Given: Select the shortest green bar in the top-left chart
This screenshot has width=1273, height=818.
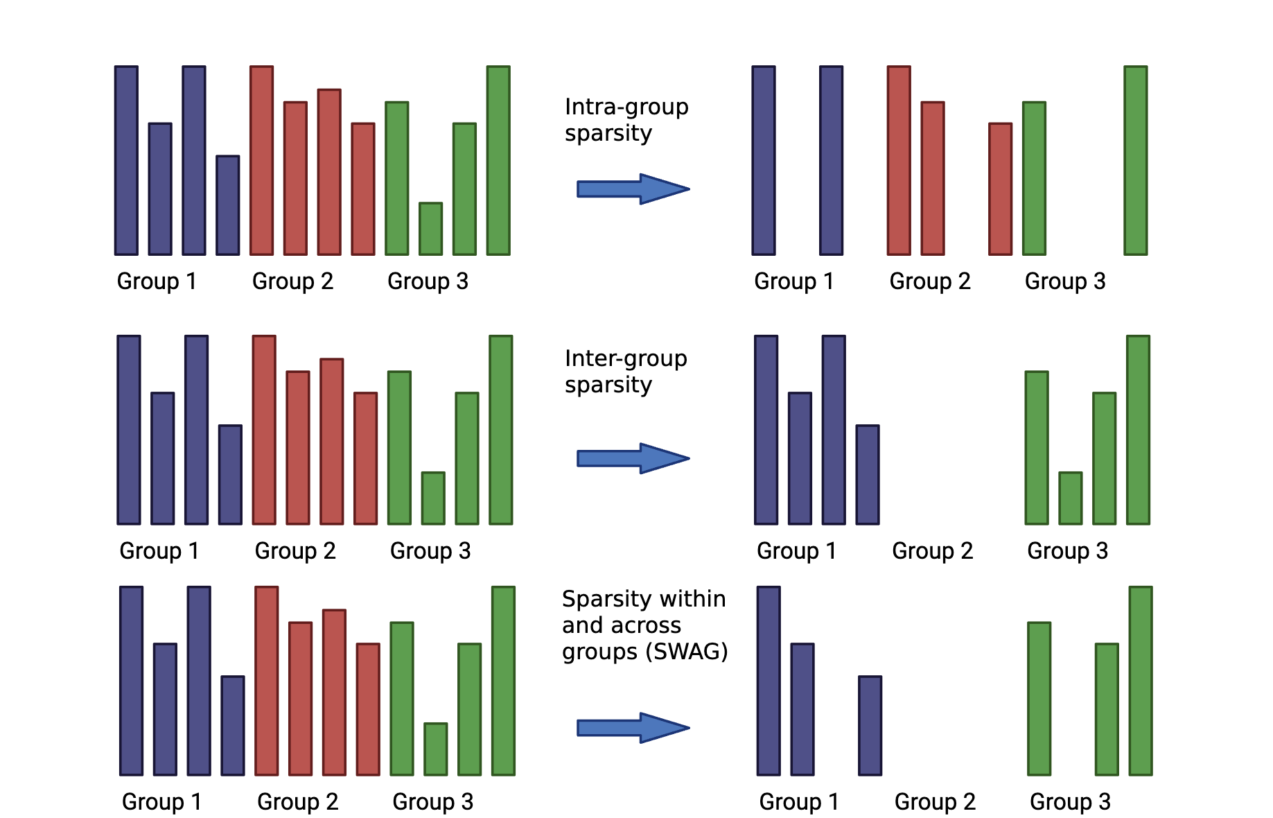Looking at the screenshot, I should [430, 229].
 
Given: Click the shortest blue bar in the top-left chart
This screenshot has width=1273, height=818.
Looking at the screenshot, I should [227, 205].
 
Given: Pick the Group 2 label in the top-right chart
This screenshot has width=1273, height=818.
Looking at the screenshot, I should [930, 281].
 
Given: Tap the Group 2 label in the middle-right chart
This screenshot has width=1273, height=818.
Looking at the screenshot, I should [932, 550].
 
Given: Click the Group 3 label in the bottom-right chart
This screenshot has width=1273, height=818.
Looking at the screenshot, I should [1070, 801].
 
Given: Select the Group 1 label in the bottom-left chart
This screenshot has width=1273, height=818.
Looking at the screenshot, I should [161, 801].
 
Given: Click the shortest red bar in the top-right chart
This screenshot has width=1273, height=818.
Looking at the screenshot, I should [1000, 189].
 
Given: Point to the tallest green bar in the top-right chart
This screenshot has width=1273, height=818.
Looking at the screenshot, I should [1135, 160].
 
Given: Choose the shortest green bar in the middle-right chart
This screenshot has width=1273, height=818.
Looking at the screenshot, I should [1070, 498].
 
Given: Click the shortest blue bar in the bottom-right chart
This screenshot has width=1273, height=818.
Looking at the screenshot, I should [870, 725].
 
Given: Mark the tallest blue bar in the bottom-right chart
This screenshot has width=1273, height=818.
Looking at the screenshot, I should [769, 681].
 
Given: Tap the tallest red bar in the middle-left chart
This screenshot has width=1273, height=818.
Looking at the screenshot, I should [264, 430].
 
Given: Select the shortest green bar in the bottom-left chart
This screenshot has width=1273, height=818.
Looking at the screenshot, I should [435, 749].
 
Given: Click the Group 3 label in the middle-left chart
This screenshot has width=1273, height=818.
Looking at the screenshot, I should [430, 550].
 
